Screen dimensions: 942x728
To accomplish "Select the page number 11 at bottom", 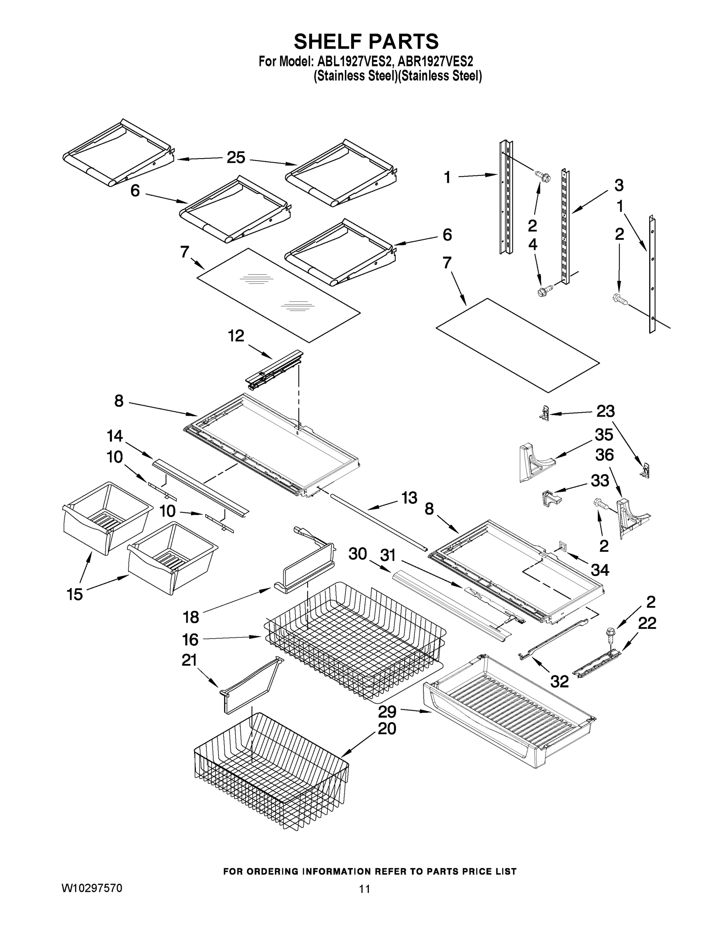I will [365, 889].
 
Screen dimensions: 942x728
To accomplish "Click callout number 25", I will [236, 157].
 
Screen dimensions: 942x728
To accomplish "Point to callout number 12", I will [236, 336].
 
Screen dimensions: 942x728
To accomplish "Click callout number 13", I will [409, 498].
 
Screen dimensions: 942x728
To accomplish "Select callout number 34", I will [600, 570].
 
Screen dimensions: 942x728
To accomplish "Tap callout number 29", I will [387, 710].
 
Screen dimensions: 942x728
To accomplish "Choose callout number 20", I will [387, 728].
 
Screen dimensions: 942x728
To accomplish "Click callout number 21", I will [189, 660].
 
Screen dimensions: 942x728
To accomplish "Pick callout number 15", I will [75, 594].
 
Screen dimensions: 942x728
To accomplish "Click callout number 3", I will [619, 186].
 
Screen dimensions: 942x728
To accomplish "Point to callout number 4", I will [533, 245].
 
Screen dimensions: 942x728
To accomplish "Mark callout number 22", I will [647, 623].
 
